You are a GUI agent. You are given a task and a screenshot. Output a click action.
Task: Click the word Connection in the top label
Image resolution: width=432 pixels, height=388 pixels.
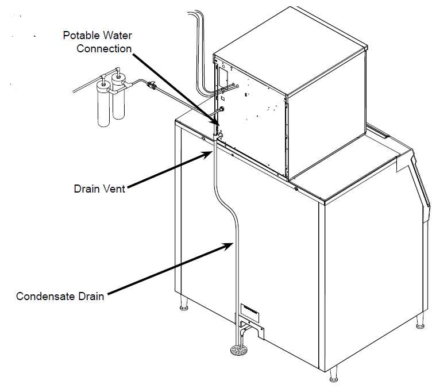pyautogui.click(x=105, y=48)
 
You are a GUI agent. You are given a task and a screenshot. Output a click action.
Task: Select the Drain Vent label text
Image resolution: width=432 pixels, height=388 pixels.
pyautogui.click(x=99, y=189)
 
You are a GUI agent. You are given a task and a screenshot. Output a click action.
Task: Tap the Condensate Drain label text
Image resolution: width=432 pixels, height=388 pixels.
pyautogui.click(x=60, y=297)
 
